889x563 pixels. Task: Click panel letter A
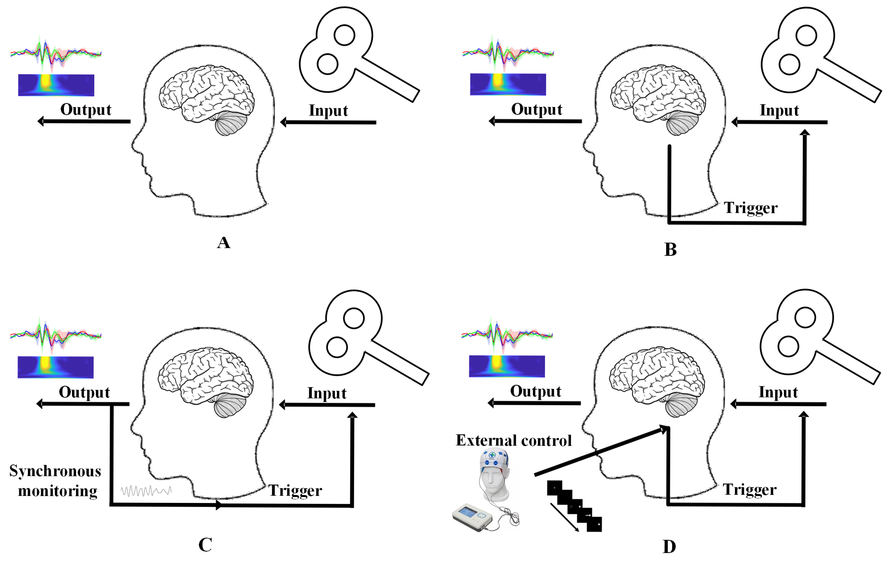point(224,243)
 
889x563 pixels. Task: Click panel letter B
point(670,250)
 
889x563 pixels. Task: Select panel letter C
point(205,544)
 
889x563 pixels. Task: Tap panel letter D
point(669,547)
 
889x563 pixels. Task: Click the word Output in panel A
point(86,110)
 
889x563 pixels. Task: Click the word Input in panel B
point(779,110)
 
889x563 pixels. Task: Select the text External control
point(513,441)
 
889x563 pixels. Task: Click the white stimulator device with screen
point(473,517)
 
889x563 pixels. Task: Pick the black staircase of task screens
point(574,506)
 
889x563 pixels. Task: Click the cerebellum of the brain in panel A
point(231,124)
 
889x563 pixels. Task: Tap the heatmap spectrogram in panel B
point(508,84)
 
